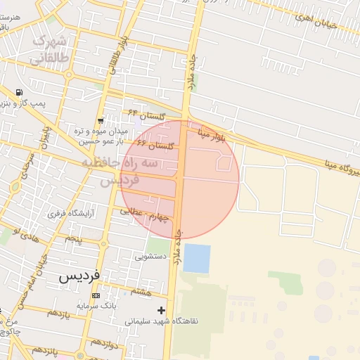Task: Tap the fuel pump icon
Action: point(18,92)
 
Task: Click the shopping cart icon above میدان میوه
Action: point(102,121)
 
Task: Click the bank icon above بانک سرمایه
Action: point(96,296)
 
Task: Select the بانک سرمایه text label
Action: point(96,307)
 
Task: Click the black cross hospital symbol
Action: point(162,309)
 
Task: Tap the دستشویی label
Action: point(150,257)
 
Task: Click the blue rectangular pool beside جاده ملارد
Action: point(197,258)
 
